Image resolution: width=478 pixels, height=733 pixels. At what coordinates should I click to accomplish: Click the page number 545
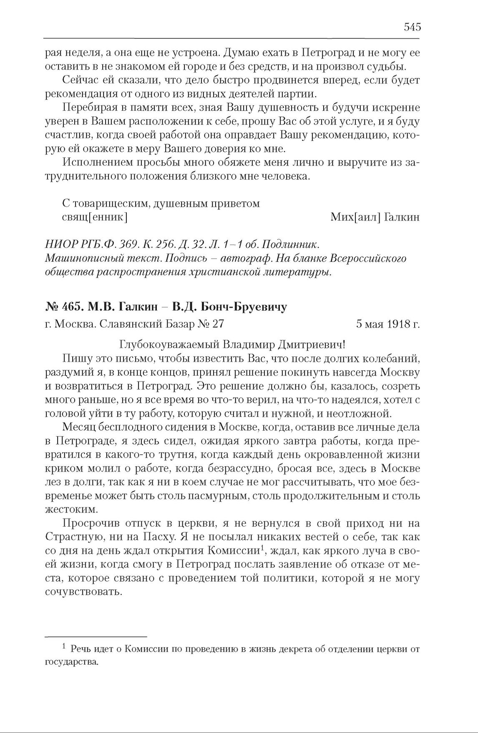[412, 28]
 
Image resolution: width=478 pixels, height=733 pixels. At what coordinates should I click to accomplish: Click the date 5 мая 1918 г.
[388, 324]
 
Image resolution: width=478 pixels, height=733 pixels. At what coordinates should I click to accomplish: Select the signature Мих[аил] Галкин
[375, 217]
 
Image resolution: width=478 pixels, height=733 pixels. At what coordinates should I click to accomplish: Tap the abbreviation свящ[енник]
[94, 217]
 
